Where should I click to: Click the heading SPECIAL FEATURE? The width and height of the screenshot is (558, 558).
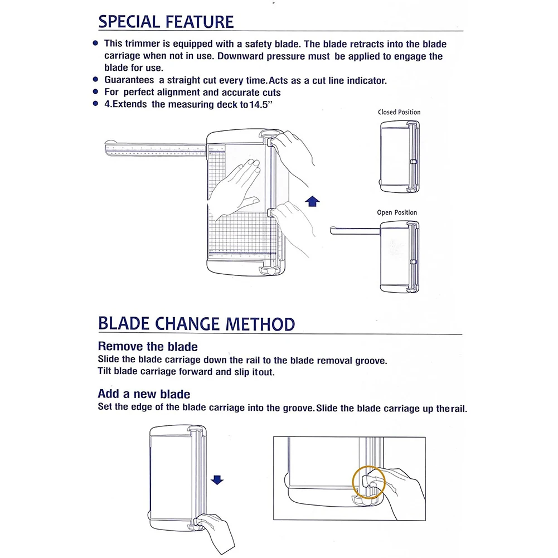166,22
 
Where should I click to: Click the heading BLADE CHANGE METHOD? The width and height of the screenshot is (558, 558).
196,324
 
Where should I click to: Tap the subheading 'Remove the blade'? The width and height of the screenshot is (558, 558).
148,347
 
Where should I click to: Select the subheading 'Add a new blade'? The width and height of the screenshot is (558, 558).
144,395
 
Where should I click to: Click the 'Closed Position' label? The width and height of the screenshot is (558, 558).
399,112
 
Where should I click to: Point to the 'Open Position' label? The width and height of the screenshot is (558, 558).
397,212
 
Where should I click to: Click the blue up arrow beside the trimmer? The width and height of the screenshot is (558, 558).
313,201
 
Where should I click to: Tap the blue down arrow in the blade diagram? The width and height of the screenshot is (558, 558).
217,479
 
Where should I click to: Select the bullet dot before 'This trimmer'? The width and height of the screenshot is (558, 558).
96,43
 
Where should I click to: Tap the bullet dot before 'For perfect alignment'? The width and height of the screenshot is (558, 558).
96,92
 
